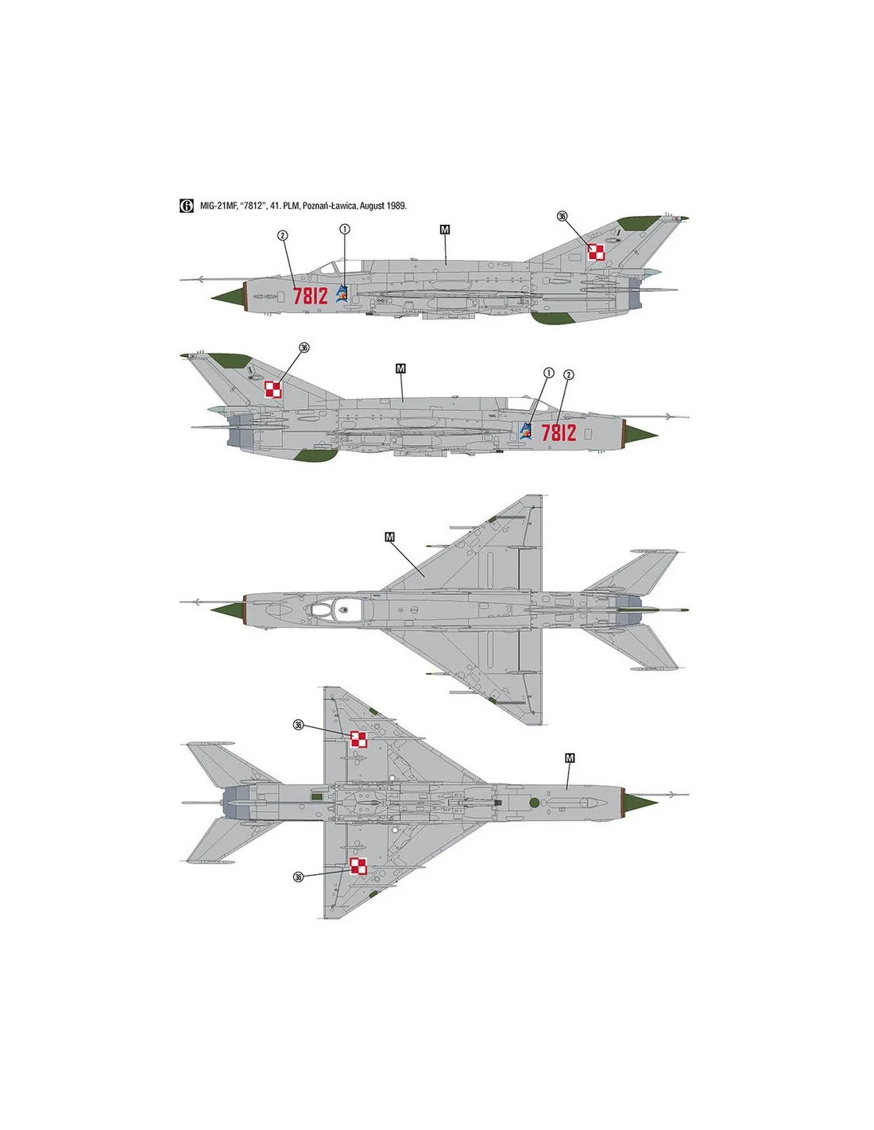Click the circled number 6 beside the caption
(186, 205)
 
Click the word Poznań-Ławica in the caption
(333, 206)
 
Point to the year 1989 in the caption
(397, 206)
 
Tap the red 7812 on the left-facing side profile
(310, 296)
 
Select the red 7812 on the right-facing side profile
(559, 432)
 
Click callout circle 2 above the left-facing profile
(282, 235)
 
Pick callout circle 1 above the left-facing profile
(345, 229)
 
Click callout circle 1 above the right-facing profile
(548, 373)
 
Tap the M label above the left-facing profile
(444, 230)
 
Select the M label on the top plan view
(390, 536)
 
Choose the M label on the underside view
(570, 758)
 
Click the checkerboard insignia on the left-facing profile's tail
(597, 252)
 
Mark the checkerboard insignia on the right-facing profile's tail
(273, 389)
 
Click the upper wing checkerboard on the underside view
(358, 739)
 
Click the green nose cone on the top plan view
(228, 609)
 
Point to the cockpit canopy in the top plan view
(334, 608)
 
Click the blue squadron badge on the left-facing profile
(342, 294)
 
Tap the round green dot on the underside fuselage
(533, 803)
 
